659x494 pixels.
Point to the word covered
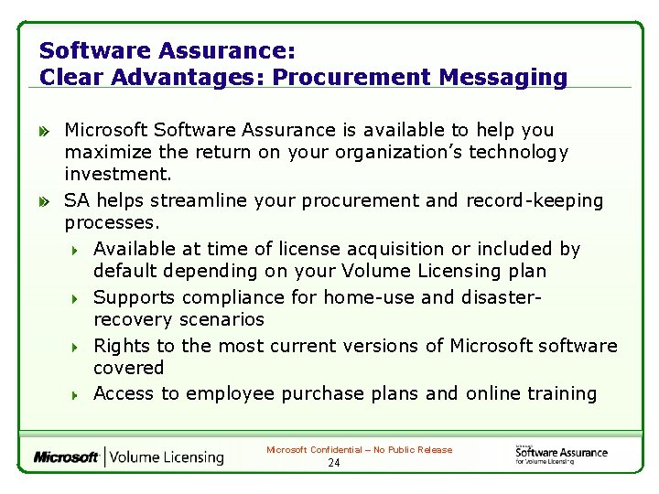pos(129,368)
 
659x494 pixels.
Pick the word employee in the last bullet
pos(231,393)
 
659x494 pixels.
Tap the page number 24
pos(333,463)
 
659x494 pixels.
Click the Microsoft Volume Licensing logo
pos(129,456)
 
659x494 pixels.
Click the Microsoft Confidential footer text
pos(359,450)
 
